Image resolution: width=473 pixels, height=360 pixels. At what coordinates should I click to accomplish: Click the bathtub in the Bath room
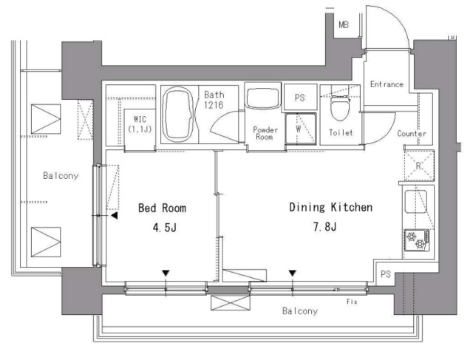177,115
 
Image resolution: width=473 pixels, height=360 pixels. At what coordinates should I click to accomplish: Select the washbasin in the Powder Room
262,98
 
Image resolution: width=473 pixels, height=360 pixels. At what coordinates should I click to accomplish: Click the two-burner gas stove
417,240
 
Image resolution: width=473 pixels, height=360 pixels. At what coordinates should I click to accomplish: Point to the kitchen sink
415,201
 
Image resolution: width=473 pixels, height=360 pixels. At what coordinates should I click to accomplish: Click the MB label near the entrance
344,24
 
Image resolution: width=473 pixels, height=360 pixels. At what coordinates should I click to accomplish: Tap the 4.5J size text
164,228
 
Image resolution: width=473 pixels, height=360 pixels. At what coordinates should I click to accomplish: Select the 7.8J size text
324,226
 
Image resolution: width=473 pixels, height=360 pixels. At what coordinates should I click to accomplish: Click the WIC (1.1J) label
140,124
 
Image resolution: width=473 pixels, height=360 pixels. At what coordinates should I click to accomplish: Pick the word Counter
412,133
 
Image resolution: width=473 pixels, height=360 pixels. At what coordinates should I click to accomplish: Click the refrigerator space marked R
419,166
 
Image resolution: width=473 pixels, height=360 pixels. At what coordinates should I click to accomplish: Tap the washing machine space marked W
301,129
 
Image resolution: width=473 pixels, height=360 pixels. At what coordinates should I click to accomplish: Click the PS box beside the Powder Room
300,97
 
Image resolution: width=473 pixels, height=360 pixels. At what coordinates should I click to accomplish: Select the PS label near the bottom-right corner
386,274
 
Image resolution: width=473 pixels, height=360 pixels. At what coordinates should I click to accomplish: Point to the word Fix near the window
352,302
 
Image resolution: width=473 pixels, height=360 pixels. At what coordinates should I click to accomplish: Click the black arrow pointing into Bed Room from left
115,215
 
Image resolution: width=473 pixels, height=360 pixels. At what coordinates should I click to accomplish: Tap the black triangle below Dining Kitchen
293,273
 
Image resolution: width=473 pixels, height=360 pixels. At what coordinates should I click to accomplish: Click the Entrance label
387,84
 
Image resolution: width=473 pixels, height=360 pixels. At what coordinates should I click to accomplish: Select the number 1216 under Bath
214,105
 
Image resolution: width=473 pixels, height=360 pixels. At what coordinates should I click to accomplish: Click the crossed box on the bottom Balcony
231,303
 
